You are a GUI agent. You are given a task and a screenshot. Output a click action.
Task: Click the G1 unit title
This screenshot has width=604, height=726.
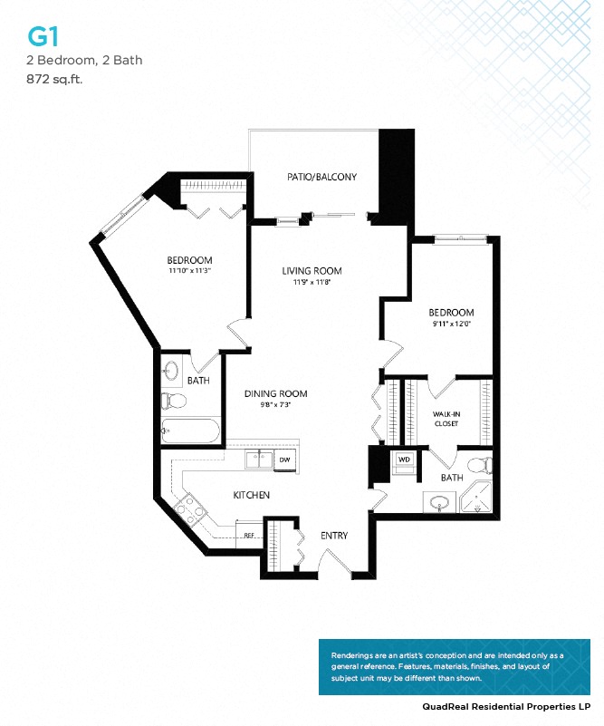tap(40, 36)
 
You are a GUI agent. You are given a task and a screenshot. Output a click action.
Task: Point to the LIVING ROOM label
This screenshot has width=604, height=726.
tap(311, 270)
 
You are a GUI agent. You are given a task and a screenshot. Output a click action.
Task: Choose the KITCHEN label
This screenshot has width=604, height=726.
tap(252, 495)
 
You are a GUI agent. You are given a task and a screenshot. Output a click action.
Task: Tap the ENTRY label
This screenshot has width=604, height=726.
tap(334, 536)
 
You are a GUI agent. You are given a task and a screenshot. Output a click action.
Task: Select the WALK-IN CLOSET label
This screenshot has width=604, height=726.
tap(446, 418)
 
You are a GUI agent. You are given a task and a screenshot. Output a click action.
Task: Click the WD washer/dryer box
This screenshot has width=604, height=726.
tap(404, 460)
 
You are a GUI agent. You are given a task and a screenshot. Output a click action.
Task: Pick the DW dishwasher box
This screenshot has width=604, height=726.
tap(284, 460)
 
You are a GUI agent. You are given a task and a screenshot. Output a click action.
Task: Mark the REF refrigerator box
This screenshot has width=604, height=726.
tap(248, 535)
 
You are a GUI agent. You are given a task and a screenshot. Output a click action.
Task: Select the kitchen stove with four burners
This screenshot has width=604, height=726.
tap(192, 511)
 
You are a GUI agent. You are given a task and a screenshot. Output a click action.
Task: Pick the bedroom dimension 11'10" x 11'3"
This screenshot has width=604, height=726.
tap(190, 270)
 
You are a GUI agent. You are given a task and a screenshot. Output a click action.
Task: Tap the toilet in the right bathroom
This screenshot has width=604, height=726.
tap(485, 465)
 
